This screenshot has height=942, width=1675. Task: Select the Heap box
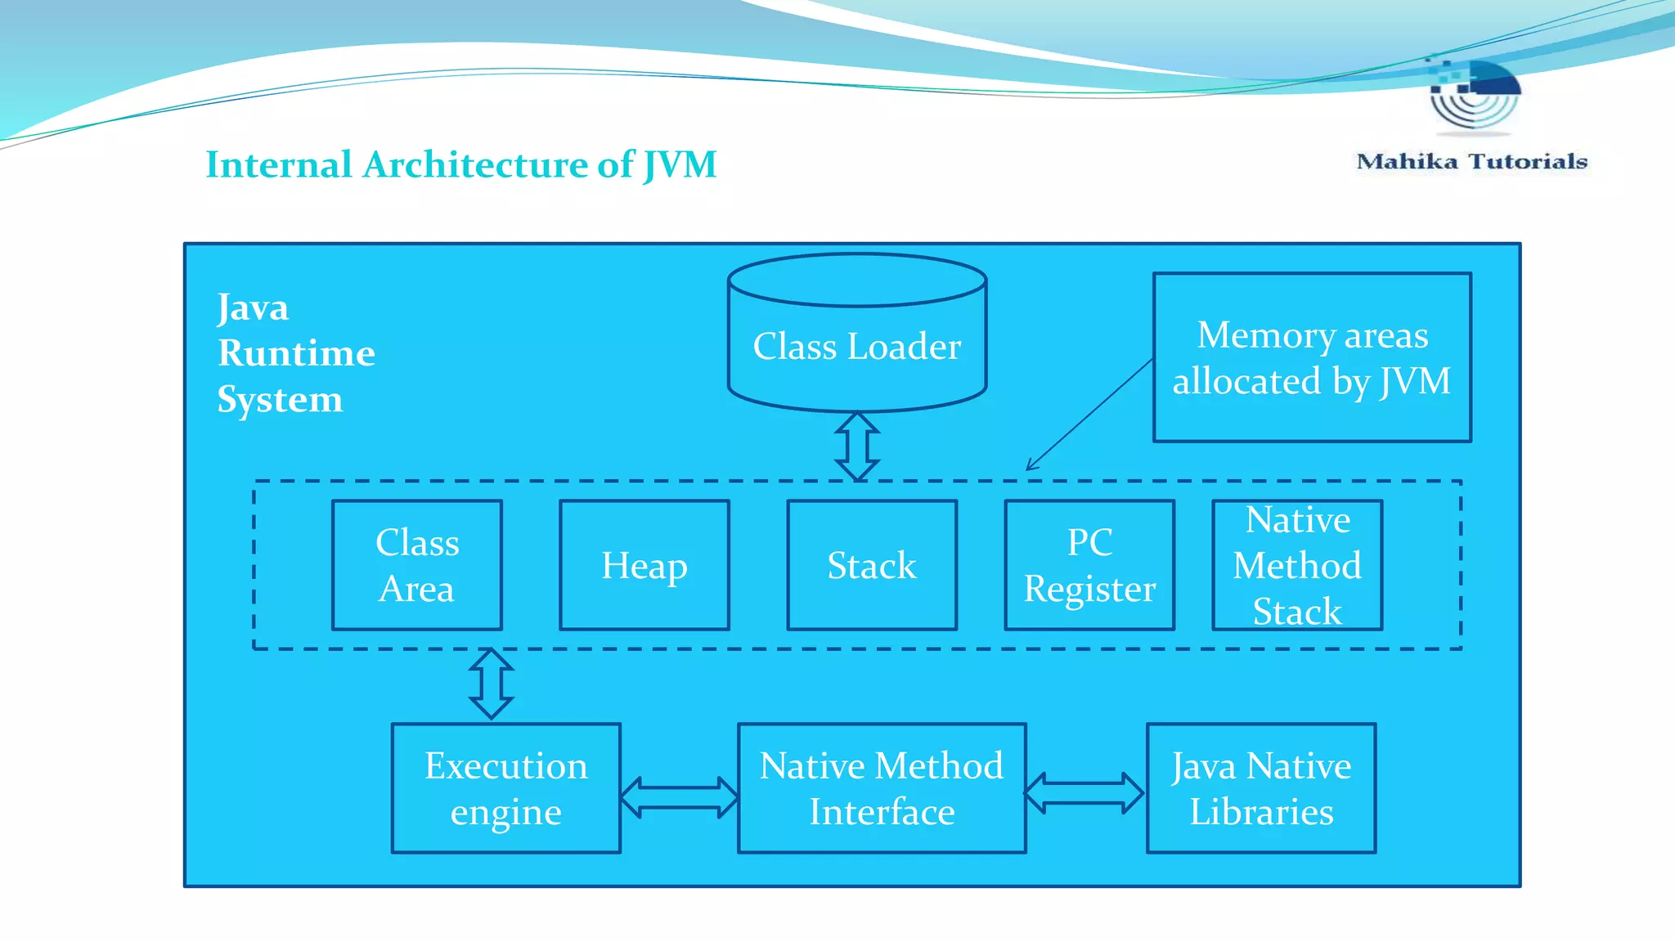644,565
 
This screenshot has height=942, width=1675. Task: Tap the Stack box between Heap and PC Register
872,565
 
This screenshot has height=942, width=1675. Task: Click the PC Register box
1089,565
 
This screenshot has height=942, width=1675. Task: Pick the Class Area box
417,565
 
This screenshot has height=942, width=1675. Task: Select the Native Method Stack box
1297,565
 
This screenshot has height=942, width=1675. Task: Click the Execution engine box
506,788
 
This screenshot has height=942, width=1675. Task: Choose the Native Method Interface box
882,788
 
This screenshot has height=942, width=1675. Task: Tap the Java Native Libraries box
1261,788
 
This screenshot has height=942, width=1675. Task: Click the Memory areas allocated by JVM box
1312,357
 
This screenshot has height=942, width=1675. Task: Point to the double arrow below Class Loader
857,446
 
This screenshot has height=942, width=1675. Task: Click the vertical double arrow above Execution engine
492,684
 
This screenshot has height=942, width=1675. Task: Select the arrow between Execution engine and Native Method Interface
679,797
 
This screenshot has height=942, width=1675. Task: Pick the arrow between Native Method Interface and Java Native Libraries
1084,793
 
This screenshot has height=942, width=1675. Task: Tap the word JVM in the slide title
680,165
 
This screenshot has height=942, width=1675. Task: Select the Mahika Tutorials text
1471,161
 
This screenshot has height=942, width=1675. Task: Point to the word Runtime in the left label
296,353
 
